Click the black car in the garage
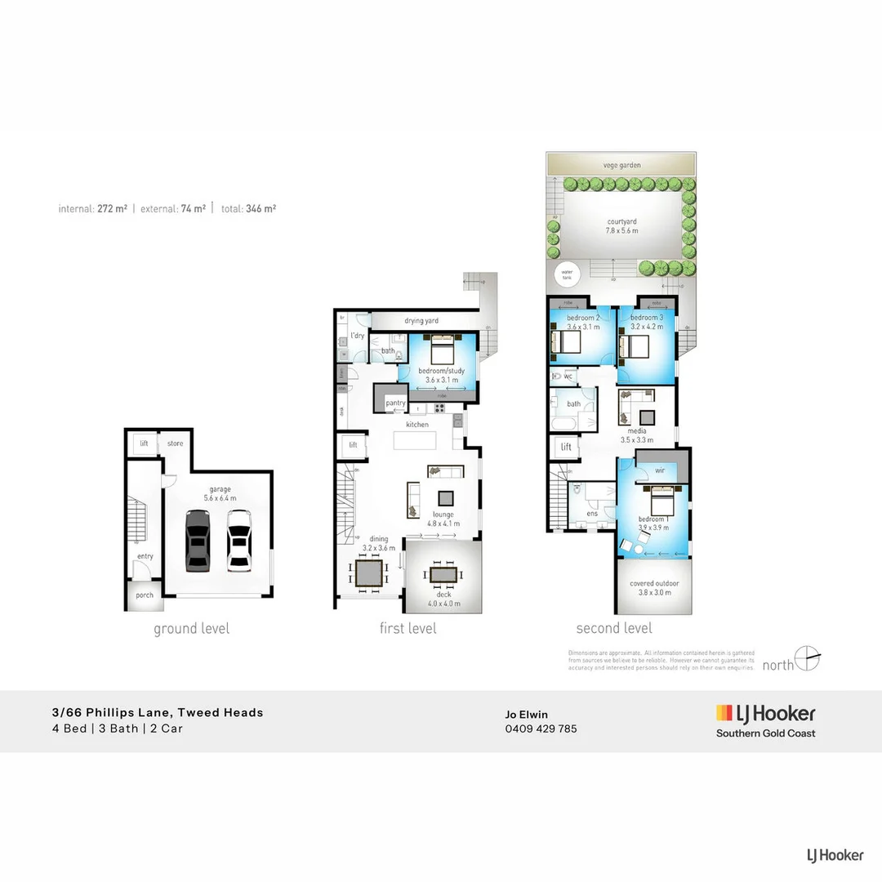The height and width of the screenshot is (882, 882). [x=197, y=540]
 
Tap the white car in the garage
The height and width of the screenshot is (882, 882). [x=238, y=539]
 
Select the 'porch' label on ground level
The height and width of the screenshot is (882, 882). [x=145, y=595]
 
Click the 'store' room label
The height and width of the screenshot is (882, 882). [x=175, y=443]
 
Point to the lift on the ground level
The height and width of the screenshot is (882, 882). [x=144, y=443]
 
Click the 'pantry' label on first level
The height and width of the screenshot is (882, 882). [x=395, y=403]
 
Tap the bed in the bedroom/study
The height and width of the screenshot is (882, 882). [x=442, y=352]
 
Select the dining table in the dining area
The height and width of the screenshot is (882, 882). [x=368, y=573]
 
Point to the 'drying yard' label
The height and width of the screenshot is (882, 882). [x=421, y=321]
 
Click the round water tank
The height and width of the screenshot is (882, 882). [x=566, y=275]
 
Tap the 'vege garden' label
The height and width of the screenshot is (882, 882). [x=622, y=165]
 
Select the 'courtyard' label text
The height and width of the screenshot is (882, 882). [x=622, y=221]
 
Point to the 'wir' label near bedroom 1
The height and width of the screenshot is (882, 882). [x=660, y=470]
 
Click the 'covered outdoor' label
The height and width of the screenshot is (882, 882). [x=653, y=584]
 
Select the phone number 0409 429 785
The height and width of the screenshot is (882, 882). [x=541, y=728]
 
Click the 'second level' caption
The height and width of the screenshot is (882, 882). [x=614, y=628]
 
